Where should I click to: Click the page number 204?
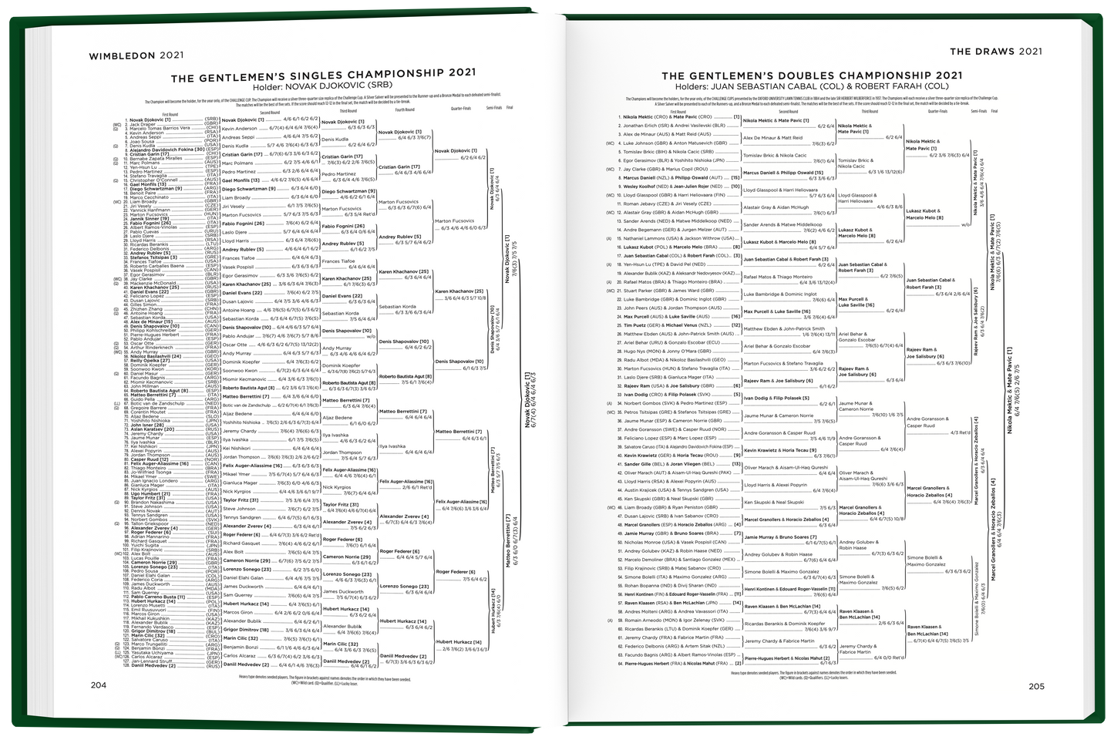click(x=99, y=685)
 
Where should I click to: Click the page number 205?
click(x=1035, y=685)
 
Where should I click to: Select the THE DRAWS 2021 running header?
click(x=996, y=52)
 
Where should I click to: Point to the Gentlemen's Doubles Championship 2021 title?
click(x=812, y=76)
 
